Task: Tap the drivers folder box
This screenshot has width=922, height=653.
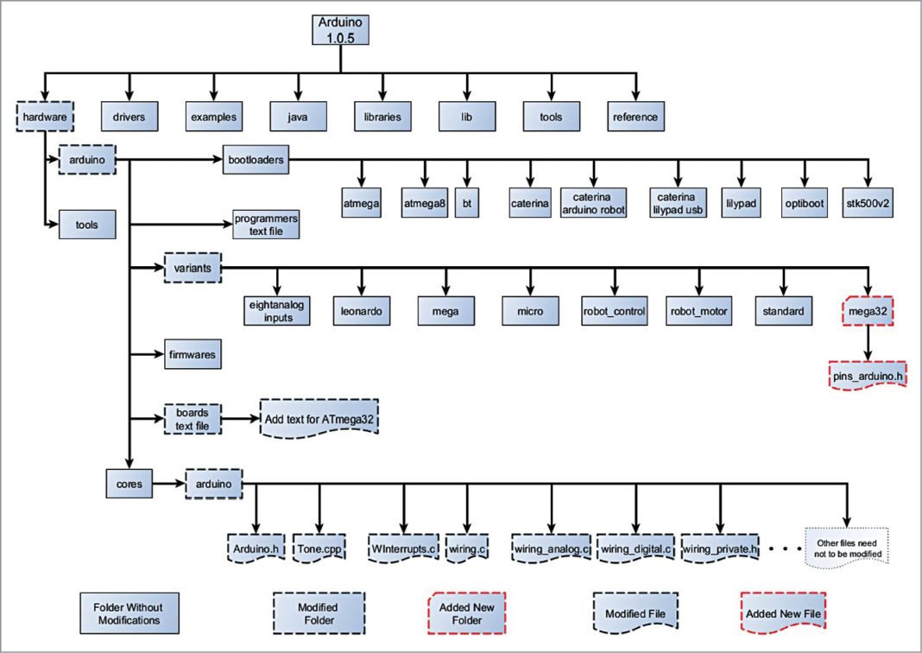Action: coord(129,116)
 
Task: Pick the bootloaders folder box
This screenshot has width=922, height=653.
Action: coord(256,159)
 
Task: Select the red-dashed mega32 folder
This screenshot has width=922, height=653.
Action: coord(866,311)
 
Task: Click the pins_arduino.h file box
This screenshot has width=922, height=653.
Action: coord(867,377)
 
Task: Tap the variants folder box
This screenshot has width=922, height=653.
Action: coord(193,268)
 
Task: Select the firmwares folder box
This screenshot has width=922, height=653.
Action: coord(193,354)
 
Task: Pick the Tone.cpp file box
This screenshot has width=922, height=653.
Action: coord(319,548)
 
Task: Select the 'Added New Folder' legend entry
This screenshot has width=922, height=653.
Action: coord(466,613)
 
